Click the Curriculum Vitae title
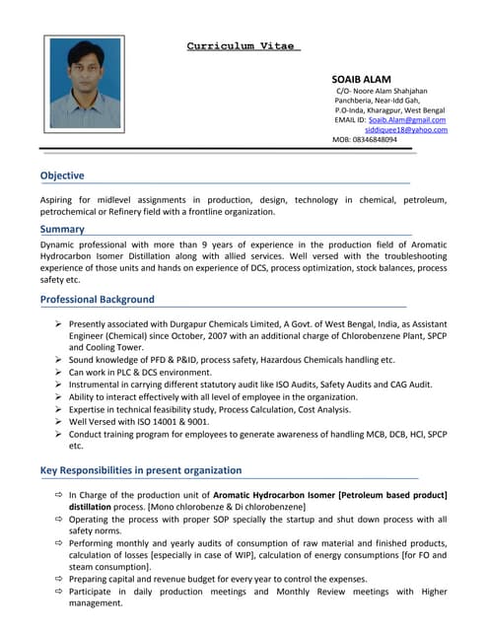click(x=244, y=45)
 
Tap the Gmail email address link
click(x=406, y=119)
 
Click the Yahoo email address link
click(x=405, y=129)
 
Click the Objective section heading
click(x=61, y=175)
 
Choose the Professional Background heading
click(x=97, y=299)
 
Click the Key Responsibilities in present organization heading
click(x=140, y=470)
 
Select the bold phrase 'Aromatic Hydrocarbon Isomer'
click(x=274, y=494)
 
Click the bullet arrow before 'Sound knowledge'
click(x=59, y=360)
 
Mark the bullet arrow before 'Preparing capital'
click(x=59, y=579)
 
